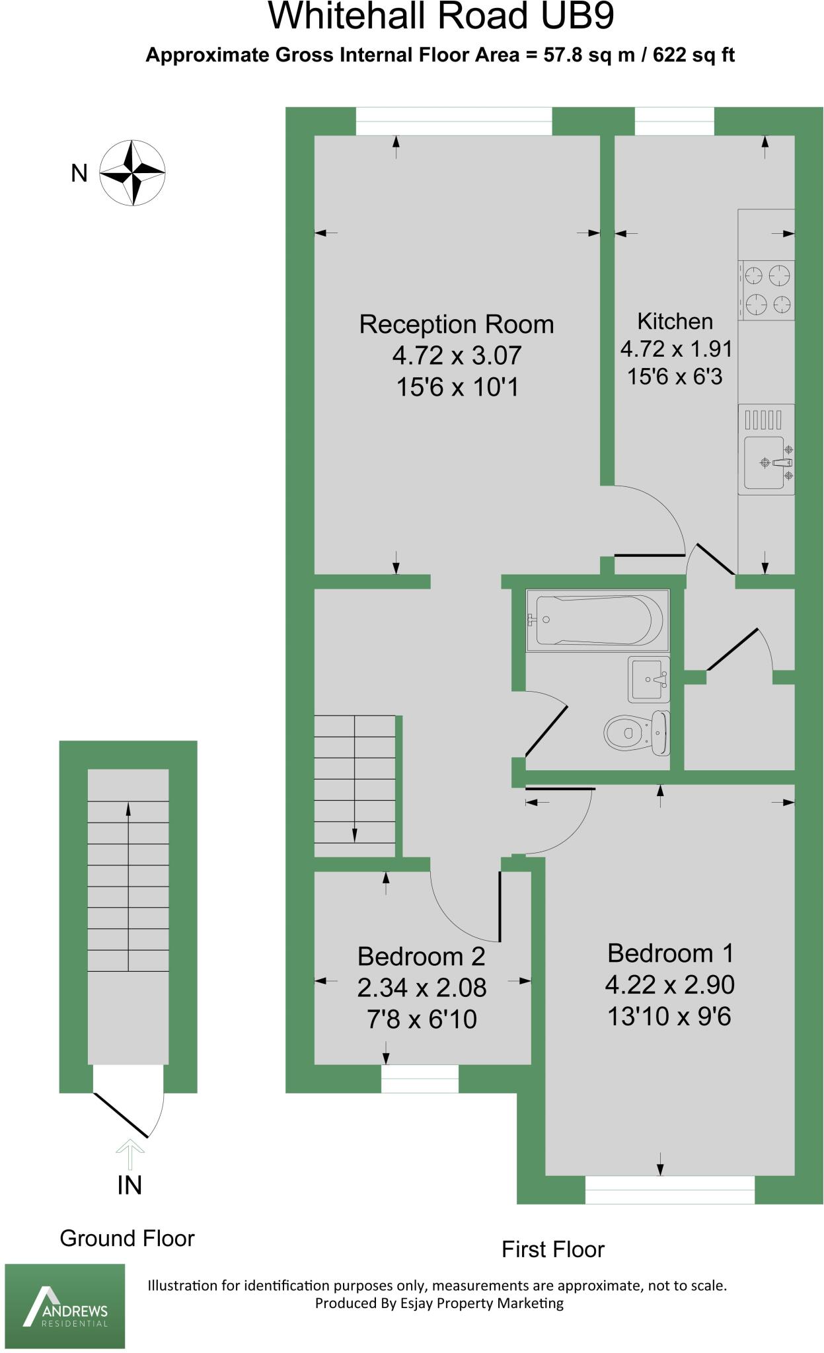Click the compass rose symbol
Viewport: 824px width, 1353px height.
132,172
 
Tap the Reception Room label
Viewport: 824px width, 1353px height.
456,324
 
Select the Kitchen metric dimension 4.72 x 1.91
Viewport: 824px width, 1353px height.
675,349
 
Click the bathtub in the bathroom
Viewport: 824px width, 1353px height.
597,620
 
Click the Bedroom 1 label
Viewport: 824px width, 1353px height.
670,953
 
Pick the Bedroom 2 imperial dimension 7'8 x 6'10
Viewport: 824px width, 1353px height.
422,1019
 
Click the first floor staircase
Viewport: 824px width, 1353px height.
355,786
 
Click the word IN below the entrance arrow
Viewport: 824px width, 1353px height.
130,1185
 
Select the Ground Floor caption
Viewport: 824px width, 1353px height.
127,1238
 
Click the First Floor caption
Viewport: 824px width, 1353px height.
552,1249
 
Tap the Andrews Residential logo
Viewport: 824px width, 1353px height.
65,1305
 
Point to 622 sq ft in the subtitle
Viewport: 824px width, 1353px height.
693,55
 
